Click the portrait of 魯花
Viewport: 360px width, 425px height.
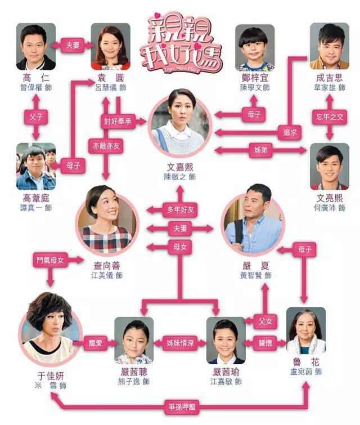click(305, 331)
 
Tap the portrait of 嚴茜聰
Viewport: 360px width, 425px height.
click(134, 339)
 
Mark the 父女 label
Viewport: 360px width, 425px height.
click(264, 321)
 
